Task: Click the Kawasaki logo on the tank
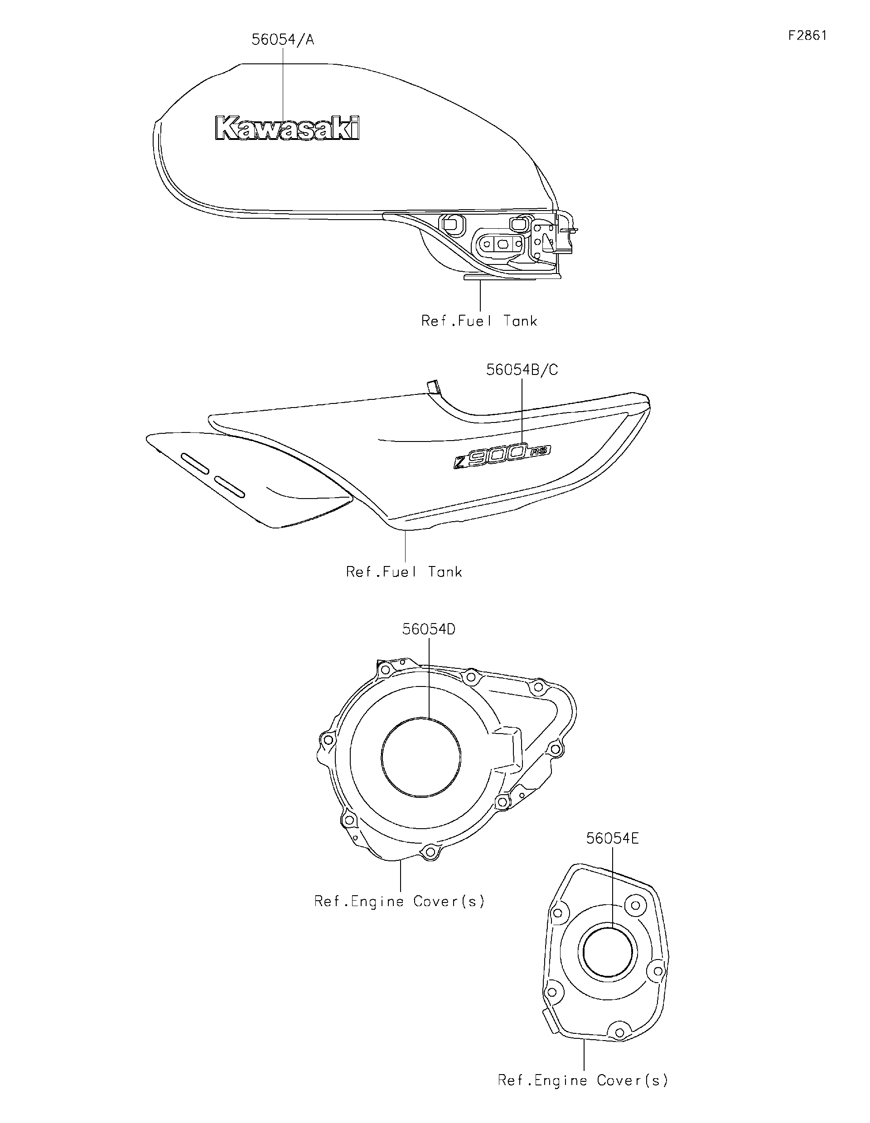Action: [x=288, y=128]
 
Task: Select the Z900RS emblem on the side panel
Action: [x=502, y=455]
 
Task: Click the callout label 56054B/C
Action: [x=522, y=370]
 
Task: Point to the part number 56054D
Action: [x=429, y=629]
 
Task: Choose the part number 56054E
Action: [x=612, y=839]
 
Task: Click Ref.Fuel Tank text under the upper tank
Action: [x=479, y=321]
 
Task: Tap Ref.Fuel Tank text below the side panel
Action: [x=404, y=572]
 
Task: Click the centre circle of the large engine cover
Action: [x=421, y=758]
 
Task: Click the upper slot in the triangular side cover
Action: [x=195, y=463]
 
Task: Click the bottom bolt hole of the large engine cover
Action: [x=429, y=853]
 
